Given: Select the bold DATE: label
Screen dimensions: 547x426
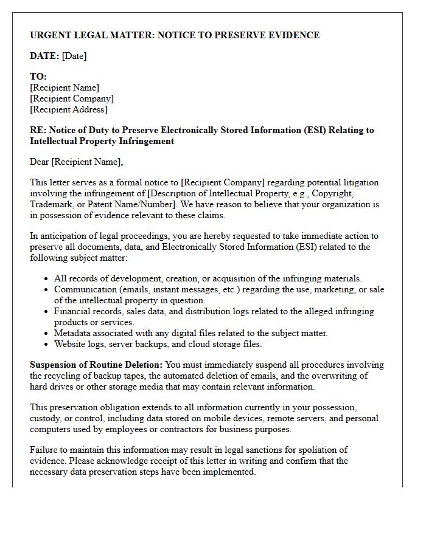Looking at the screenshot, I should tap(44, 56).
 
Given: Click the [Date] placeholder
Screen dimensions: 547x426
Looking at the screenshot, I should tap(74, 56).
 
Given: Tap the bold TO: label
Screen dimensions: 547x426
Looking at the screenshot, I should tap(38, 77).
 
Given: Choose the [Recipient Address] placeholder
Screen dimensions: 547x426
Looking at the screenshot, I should tap(68, 109).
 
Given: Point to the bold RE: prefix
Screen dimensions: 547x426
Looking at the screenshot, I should tap(38, 130).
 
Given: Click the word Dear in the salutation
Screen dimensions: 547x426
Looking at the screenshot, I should tap(40, 162).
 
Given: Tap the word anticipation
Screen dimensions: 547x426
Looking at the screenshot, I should tap(65, 236).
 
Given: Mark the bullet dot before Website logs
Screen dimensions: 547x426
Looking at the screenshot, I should tap(47, 345).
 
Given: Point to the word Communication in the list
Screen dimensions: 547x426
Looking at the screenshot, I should tap(84, 289).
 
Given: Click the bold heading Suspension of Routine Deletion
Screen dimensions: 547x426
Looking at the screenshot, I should tap(96, 365).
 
